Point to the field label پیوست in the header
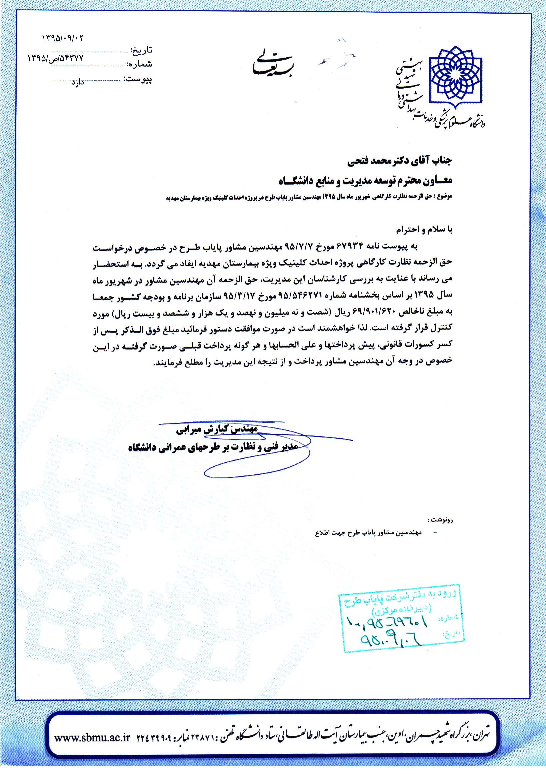[138, 80]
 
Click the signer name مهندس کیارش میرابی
[217, 429]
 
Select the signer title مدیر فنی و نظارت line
[214, 448]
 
